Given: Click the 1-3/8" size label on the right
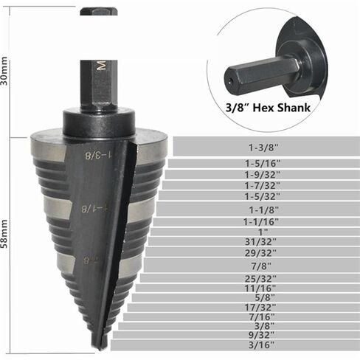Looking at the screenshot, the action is (x=263, y=148).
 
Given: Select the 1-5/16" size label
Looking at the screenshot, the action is (x=263, y=163).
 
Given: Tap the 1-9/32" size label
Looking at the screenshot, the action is (x=262, y=175).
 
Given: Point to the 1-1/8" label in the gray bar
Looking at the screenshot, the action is (x=264, y=210).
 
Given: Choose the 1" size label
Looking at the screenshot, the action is (x=263, y=232).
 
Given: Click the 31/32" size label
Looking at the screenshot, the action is (x=260, y=242).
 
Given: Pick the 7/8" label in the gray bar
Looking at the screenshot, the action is (x=261, y=266).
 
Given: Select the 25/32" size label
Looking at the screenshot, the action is (x=260, y=279).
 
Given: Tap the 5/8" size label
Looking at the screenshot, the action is (x=265, y=297).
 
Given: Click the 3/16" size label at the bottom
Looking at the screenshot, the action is (x=261, y=345).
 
